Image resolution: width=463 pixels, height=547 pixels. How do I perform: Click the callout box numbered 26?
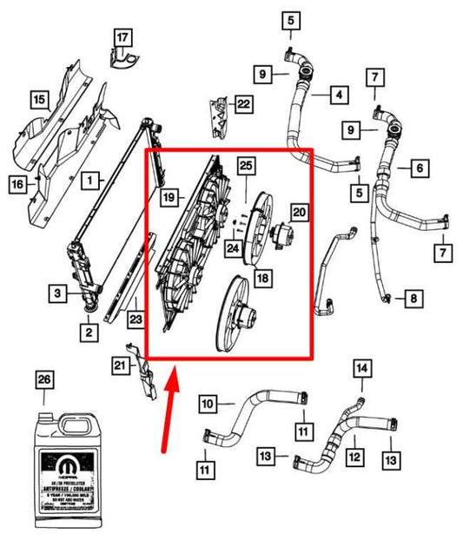43,379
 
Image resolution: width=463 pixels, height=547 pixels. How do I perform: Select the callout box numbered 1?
89,181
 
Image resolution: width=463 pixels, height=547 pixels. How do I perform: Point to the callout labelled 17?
122,37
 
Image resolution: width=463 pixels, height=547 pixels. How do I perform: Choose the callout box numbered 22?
244,105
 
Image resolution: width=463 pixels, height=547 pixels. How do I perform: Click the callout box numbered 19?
170,198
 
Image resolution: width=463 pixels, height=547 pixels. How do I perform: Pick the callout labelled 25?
246,164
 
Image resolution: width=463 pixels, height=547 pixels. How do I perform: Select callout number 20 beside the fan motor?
299,212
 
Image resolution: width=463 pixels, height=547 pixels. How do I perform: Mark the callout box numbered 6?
418,167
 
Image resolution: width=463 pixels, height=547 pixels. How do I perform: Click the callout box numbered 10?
207,404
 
